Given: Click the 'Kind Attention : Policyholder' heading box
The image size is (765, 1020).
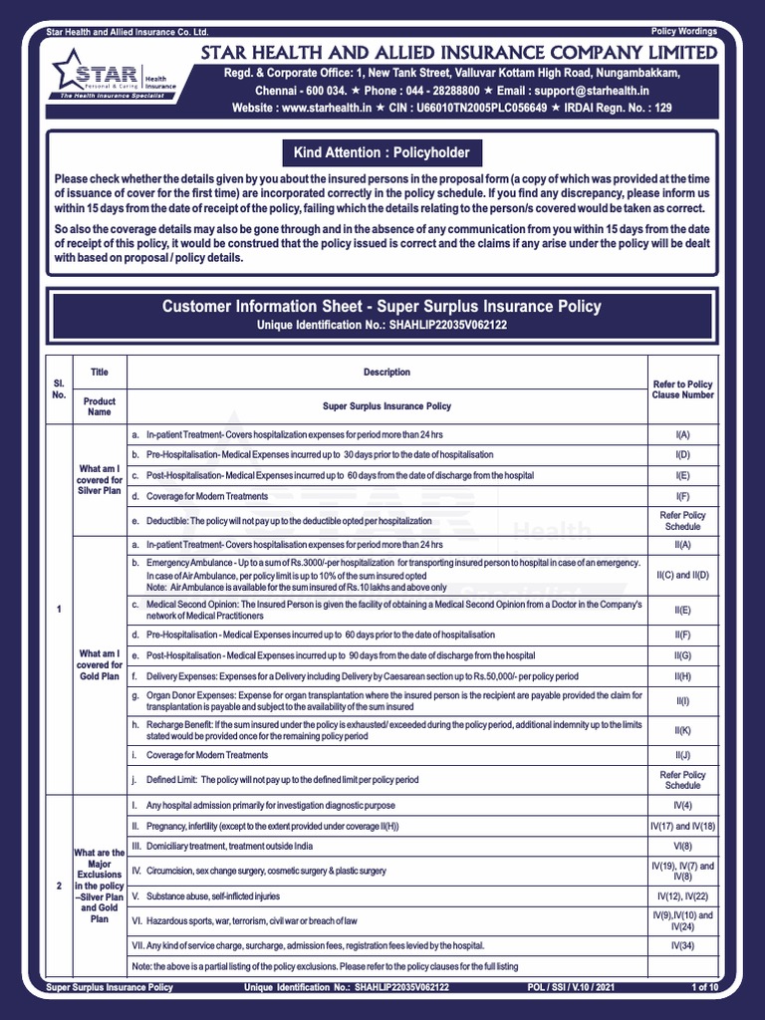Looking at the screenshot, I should (x=382, y=152).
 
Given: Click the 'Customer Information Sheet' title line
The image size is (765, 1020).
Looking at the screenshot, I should (x=382, y=307).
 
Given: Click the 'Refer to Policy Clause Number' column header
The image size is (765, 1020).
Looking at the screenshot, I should (x=682, y=389).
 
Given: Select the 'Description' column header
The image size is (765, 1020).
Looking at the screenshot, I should (x=386, y=373).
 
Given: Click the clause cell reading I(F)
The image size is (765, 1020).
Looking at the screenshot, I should (x=682, y=496).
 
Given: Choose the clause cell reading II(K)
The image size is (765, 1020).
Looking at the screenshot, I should (x=682, y=730).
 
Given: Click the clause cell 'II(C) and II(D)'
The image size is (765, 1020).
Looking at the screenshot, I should (x=682, y=576).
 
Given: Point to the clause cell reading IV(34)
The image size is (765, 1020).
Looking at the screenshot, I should (x=682, y=944).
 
